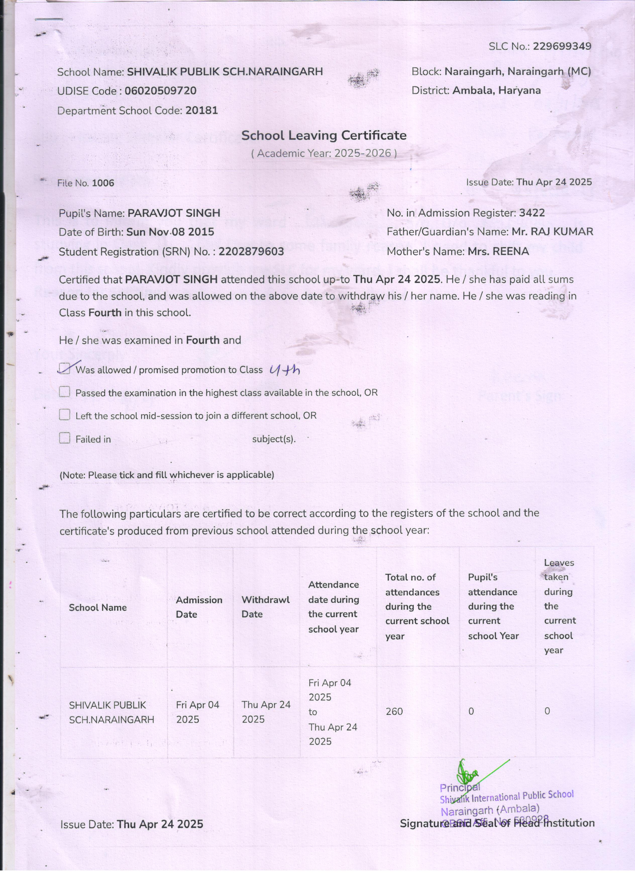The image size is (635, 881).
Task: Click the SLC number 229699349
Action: (x=562, y=46)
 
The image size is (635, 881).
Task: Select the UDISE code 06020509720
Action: (x=161, y=91)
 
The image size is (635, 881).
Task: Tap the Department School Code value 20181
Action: (x=201, y=111)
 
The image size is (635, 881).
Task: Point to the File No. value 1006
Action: (x=103, y=183)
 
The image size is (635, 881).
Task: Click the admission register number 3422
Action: (x=532, y=213)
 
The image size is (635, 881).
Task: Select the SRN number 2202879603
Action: (x=251, y=252)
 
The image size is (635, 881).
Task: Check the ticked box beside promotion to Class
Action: (x=65, y=368)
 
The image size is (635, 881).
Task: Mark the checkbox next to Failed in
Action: (x=65, y=438)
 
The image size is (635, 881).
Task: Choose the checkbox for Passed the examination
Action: (x=65, y=392)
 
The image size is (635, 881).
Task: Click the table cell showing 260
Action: (x=394, y=711)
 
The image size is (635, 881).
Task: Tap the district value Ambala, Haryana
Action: (x=496, y=90)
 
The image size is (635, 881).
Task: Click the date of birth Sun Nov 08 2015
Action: (x=170, y=232)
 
